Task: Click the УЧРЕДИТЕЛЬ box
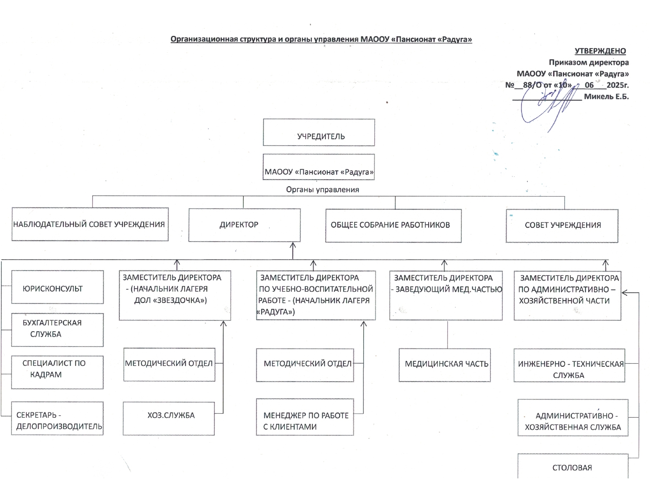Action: click(319, 132)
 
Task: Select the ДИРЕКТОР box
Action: click(244, 225)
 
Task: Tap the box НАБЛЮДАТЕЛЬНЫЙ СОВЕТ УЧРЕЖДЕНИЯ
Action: click(90, 224)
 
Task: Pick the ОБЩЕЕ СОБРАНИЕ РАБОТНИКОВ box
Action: click(394, 226)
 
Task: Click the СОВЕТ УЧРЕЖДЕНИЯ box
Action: click(562, 226)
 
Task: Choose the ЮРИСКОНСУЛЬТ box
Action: click(58, 287)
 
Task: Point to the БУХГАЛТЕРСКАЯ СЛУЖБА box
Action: click(58, 330)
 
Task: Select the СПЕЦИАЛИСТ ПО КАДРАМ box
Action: click(58, 372)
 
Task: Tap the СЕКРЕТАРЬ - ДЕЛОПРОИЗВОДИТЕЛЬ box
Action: click(58, 418)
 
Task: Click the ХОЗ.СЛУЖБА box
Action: click(169, 419)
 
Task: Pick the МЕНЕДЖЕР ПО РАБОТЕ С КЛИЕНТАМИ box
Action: click(305, 417)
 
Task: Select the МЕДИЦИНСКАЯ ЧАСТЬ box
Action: click(444, 365)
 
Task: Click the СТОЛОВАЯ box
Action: click(573, 466)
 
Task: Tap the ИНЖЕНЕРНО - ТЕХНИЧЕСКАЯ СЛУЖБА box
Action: click(569, 365)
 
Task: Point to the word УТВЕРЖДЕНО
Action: click(600, 51)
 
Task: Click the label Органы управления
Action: click(323, 189)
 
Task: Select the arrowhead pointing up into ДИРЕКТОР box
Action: click(293, 245)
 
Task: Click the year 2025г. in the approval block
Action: click(618, 85)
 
